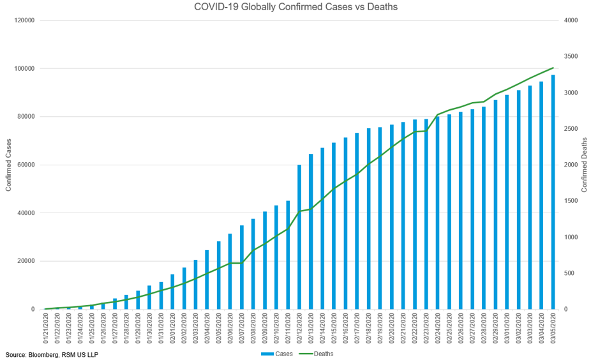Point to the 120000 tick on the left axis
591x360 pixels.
click(25, 20)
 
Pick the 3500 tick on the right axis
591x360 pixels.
click(571, 57)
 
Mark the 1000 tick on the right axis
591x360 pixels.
click(571, 237)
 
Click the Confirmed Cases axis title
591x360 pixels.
click(9, 165)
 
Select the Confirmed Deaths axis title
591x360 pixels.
click(584, 165)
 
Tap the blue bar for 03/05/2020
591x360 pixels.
click(553, 191)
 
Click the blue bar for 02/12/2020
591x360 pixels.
click(299, 237)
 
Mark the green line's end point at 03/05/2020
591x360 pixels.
click(553, 68)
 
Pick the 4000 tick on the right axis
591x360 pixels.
click(571, 20)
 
